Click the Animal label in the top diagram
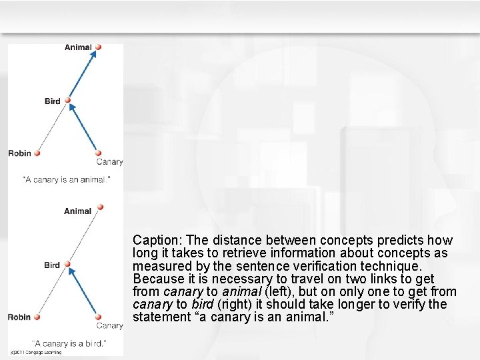click(x=78, y=47)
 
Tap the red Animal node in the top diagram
click(x=98, y=47)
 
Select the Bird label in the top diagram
click(x=53, y=101)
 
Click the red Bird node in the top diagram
click(x=67, y=101)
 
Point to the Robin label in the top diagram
click(x=20, y=153)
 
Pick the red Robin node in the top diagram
click(x=38, y=153)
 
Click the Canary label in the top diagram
click(x=109, y=162)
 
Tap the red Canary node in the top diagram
click(x=99, y=153)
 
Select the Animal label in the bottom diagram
click(x=78, y=211)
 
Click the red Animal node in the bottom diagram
click(x=100, y=207)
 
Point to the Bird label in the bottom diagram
click(x=52, y=265)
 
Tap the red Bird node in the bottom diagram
click(x=68, y=265)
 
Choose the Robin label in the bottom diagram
click(x=20, y=317)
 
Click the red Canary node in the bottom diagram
click(x=99, y=317)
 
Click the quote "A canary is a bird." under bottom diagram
click(x=69, y=343)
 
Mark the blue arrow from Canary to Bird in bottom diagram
click(x=85, y=292)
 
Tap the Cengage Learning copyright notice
click(x=36, y=353)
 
